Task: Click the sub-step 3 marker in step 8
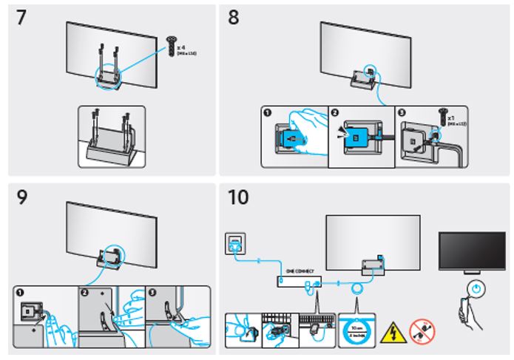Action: pyautogui.click(x=402, y=112)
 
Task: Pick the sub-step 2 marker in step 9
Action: pyautogui.click(x=85, y=291)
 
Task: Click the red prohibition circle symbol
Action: pyautogui.click(x=422, y=333)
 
